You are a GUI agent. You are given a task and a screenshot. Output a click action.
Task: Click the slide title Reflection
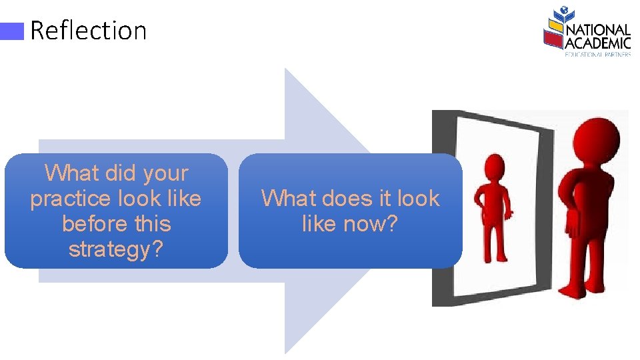click(x=88, y=31)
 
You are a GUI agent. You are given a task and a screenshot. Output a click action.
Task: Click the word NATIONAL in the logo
click(x=598, y=30)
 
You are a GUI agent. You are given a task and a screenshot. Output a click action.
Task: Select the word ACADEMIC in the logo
click(x=598, y=43)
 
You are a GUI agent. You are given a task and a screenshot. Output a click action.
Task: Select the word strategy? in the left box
click(x=116, y=249)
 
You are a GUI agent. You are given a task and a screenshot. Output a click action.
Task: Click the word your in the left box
click(x=166, y=173)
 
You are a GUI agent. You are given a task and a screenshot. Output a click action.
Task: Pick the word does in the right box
click(x=347, y=199)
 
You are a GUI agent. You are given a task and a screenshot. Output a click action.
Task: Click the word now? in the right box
click(x=372, y=224)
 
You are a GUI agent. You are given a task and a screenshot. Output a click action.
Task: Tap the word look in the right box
click(x=416, y=199)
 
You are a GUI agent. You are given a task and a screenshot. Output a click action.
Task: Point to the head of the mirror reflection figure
click(x=494, y=167)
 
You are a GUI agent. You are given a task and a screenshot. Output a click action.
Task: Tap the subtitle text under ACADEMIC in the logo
click(x=598, y=54)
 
